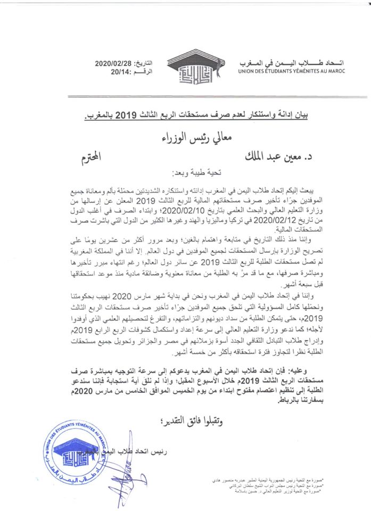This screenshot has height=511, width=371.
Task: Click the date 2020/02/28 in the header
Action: (x=113, y=62)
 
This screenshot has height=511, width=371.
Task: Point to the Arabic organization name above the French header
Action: (x=302, y=62)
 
